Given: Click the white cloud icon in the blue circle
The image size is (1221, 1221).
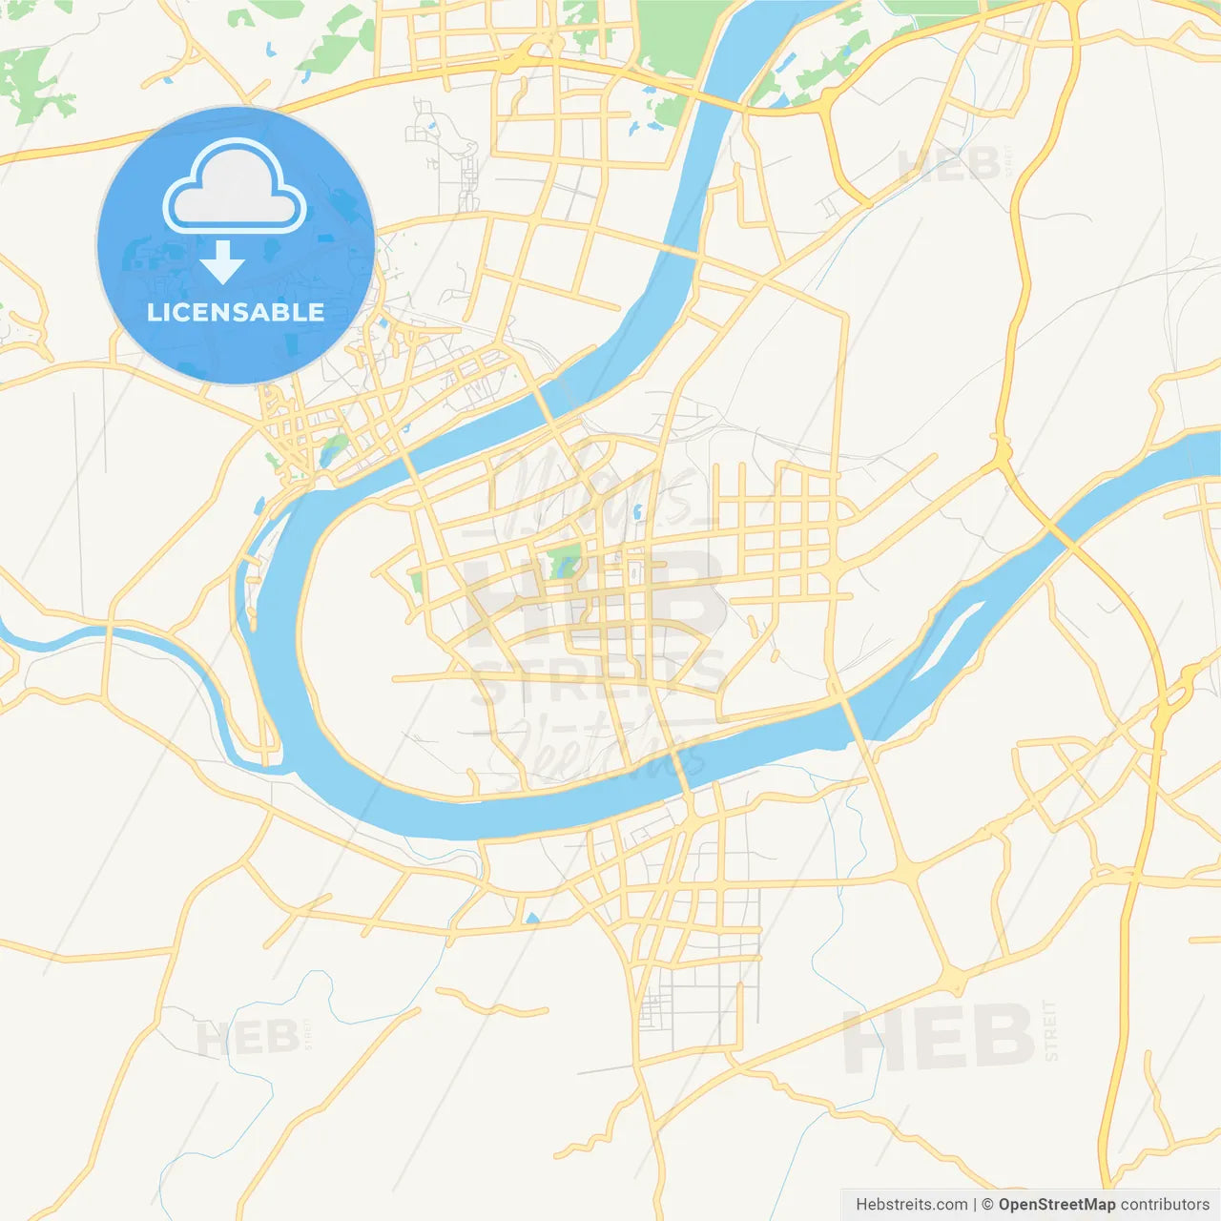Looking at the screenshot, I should (x=235, y=187).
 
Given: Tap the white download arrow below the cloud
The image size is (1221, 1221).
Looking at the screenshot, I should (x=222, y=261).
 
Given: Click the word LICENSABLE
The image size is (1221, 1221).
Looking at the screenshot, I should (x=236, y=312).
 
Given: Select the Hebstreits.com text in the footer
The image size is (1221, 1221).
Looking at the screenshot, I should (x=911, y=1205).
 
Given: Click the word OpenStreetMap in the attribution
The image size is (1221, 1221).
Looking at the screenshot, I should (x=1056, y=1205).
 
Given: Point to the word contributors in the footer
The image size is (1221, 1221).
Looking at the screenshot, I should (x=1165, y=1205).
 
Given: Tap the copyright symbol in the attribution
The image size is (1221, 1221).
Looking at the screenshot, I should (x=987, y=1205).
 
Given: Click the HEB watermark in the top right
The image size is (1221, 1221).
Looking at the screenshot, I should (x=949, y=165).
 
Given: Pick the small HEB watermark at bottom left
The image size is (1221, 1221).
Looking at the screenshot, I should (x=246, y=1037).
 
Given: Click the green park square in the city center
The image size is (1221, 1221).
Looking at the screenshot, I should (x=564, y=563).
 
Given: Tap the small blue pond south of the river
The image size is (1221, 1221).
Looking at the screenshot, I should (x=531, y=920).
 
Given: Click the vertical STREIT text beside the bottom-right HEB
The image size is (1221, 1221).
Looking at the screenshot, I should (x=1050, y=1030).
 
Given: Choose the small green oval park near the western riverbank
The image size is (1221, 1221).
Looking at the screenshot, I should (x=333, y=448).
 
